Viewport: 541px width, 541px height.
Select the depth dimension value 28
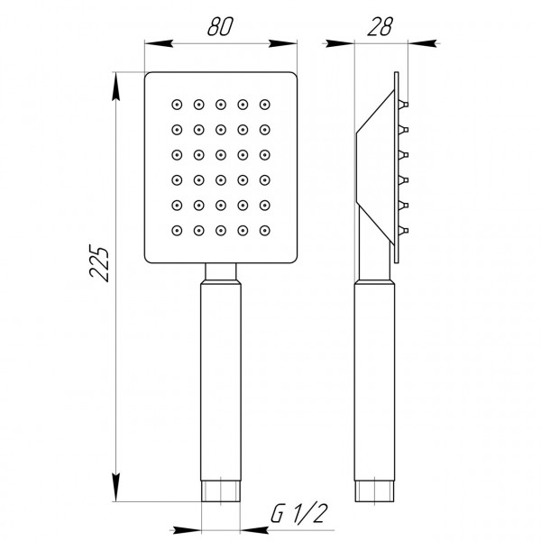(380, 27)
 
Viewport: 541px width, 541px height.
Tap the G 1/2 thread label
(298, 515)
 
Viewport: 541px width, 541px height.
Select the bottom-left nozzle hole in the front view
(177, 230)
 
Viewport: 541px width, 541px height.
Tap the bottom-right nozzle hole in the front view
(264, 230)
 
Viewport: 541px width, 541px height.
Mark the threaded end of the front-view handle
(221, 492)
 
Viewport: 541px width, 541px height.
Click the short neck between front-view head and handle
(221, 271)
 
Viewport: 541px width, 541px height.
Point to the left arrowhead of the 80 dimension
(154, 41)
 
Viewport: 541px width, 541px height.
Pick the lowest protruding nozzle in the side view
(406, 231)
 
